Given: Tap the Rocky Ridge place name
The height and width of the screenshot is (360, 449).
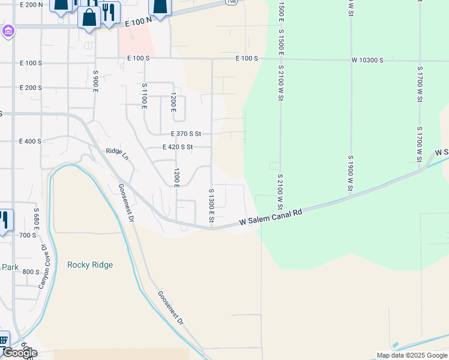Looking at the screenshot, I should pyautogui.click(x=90, y=265).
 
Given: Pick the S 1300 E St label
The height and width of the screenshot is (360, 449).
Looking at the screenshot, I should pyautogui.click(x=211, y=206).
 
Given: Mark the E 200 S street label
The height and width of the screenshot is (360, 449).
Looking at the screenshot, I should pyautogui.click(x=31, y=88).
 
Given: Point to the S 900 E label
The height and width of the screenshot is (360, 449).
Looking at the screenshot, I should pyautogui.click(x=95, y=80).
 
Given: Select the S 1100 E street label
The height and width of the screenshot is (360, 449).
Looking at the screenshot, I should pyautogui.click(x=144, y=95).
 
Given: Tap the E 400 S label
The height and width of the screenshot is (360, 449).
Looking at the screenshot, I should pyautogui.click(x=30, y=142).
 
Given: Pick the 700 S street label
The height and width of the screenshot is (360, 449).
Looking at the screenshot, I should pyautogui.click(x=27, y=235).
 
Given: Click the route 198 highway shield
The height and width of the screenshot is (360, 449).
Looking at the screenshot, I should pyautogui.click(x=231, y=2).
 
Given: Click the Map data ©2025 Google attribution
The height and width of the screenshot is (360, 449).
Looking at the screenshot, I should pyautogui.click(x=412, y=355).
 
